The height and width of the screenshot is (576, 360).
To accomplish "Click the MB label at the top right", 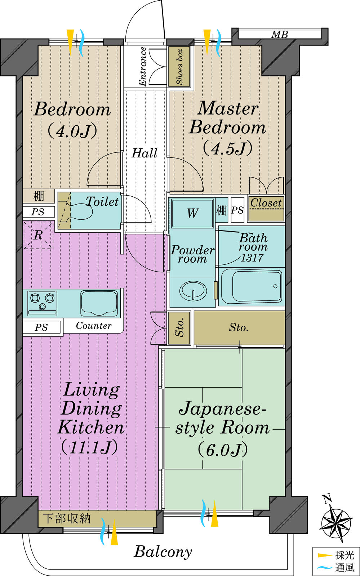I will pyautogui.click(x=280, y=35).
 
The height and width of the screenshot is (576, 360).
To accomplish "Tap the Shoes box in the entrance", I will pyautogui.click(x=179, y=67).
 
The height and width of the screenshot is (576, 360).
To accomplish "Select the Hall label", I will pyautogui.click(x=145, y=153).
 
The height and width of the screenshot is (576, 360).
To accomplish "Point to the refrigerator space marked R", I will pyautogui.click(x=38, y=235).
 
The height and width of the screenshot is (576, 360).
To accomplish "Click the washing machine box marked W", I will pyautogui.click(x=192, y=213).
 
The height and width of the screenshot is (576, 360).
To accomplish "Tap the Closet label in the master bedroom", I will pyautogui.click(x=266, y=203).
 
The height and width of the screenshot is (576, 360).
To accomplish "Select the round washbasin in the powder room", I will pyautogui.click(x=193, y=290).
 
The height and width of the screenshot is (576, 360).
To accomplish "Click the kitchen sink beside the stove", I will pyautogui.click(x=99, y=303).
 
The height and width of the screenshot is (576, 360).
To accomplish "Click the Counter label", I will pyautogui.click(x=94, y=326).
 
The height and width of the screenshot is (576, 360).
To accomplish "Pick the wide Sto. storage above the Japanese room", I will pyautogui.click(x=239, y=327).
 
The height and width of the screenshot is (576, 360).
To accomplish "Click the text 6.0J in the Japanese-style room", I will pyautogui.click(x=223, y=450).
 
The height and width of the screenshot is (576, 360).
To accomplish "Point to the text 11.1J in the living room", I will pyautogui.click(x=89, y=447).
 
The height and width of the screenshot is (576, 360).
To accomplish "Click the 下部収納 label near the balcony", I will pyautogui.click(x=66, y=519).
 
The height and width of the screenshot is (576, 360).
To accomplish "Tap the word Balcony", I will pyautogui.click(x=163, y=552).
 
